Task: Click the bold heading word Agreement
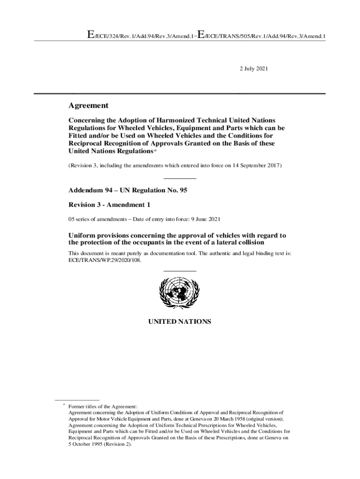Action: tap(88, 106)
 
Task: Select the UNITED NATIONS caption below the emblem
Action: tap(180, 322)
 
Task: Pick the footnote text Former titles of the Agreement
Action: tap(103, 407)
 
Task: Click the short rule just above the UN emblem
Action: tap(180, 271)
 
